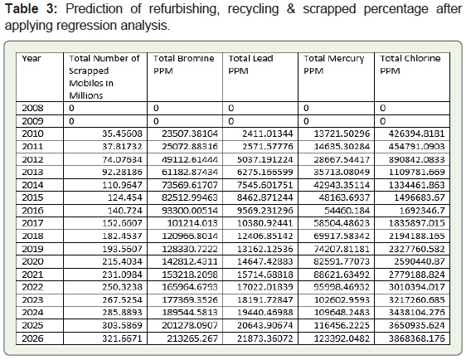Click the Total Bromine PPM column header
(x=184, y=65)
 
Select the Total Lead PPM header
(x=250, y=65)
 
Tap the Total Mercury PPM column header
(x=334, y=65)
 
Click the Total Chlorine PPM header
(x=410, y=65)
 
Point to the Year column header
(x=32, y=59)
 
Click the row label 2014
(x=32, y=185)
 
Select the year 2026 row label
(x=32, y=338)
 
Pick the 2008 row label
(x=32, y=108)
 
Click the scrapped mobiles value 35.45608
(x=122, y=134)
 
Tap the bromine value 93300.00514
(x=190, y=211)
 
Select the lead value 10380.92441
(x=265, y=223)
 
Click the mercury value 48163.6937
(x=344, y=197)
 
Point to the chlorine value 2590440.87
(x=420, y=261)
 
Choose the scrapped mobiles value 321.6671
(x=122, y=338)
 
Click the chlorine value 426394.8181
(x=417, y=134)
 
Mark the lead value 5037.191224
(x=265, y=159)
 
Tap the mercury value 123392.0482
(x=342, y=338)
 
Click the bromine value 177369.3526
(x=190, y=299)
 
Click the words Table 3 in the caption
(x=31, y=8)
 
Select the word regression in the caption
(x=86, y=26)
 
